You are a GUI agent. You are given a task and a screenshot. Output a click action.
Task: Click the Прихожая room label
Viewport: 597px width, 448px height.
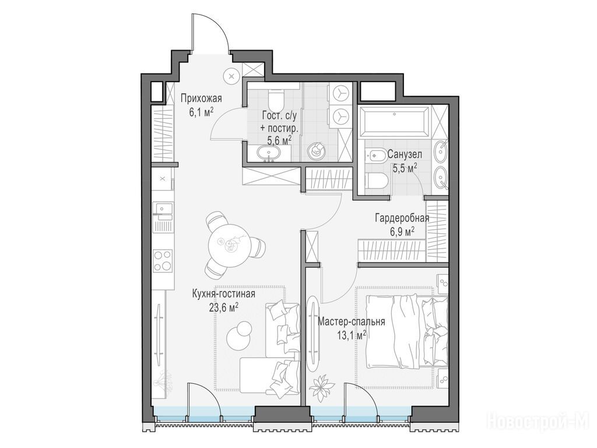pyautogui.click(x=201, y=99)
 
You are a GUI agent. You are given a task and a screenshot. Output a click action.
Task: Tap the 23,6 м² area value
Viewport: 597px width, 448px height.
pyautogui.click(x=224, y=307)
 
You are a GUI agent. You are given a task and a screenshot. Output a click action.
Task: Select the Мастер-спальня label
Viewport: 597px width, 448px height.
pyautogui.click(x=351, y=322)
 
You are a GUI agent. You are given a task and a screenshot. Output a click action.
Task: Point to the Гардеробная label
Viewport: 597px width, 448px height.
pyautogui.click(x=402, y=218)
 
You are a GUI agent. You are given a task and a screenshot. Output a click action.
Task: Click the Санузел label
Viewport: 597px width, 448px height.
pyautogui.click(x=405, y=154)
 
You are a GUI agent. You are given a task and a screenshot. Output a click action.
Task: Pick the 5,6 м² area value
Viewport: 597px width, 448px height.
pyautogui.click(x=279, y=140)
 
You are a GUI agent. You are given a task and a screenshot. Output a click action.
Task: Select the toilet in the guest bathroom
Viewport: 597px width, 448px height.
pyautogui.click(x=275, y=100)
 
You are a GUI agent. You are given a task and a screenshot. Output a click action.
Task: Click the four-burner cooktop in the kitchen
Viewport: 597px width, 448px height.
pyautogui.click(x=163, y=261)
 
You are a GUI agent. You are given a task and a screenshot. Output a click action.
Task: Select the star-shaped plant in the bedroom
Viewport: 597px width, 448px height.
pyautogui.click(x=320, y=387)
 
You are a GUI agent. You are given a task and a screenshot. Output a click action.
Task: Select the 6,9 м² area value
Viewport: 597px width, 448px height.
pyautogui.click(x=402, y=231)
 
